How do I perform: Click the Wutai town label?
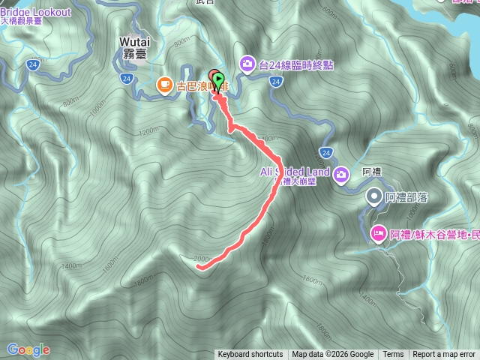134,42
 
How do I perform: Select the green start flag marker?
218,79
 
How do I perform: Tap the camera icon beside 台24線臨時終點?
247,65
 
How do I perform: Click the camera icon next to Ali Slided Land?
341,175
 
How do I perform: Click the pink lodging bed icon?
378,234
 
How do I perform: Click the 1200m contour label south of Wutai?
149,130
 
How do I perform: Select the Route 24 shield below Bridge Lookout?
32,65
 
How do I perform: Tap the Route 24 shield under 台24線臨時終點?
276,81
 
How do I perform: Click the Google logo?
28,349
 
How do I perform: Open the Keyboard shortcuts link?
250,355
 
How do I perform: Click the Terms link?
393,355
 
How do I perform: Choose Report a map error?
444,355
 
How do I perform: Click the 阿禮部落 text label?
406,198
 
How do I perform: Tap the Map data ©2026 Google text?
333,355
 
